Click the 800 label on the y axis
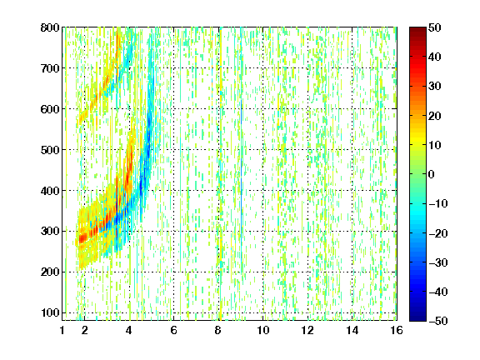click(x=50, y=27)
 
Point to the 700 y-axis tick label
click(x=50, y=68)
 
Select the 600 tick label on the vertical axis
click(x=50, y=109)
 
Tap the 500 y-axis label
click(x=50, y=150)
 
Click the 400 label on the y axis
click(x=50, y=191)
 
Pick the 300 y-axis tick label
click(x=50, y=231)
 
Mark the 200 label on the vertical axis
click(x=50, y=272)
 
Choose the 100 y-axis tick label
click(x=50, y=312)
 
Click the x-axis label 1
click(x=62, y=330)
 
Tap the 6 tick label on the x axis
click(x=174, y=330)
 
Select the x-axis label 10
click(x=263, y=330)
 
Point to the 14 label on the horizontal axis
click(x=352, y=330)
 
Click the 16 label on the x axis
click(x=397, y=330)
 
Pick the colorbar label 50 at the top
click(x=434, y=27)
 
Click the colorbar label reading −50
click(x=438, y=321)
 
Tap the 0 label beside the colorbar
click(x=431, y=174)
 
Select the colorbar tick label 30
click(x=434, y=87)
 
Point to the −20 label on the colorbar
click(x=438, y=233)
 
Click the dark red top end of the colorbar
click(x=417, y=29)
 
